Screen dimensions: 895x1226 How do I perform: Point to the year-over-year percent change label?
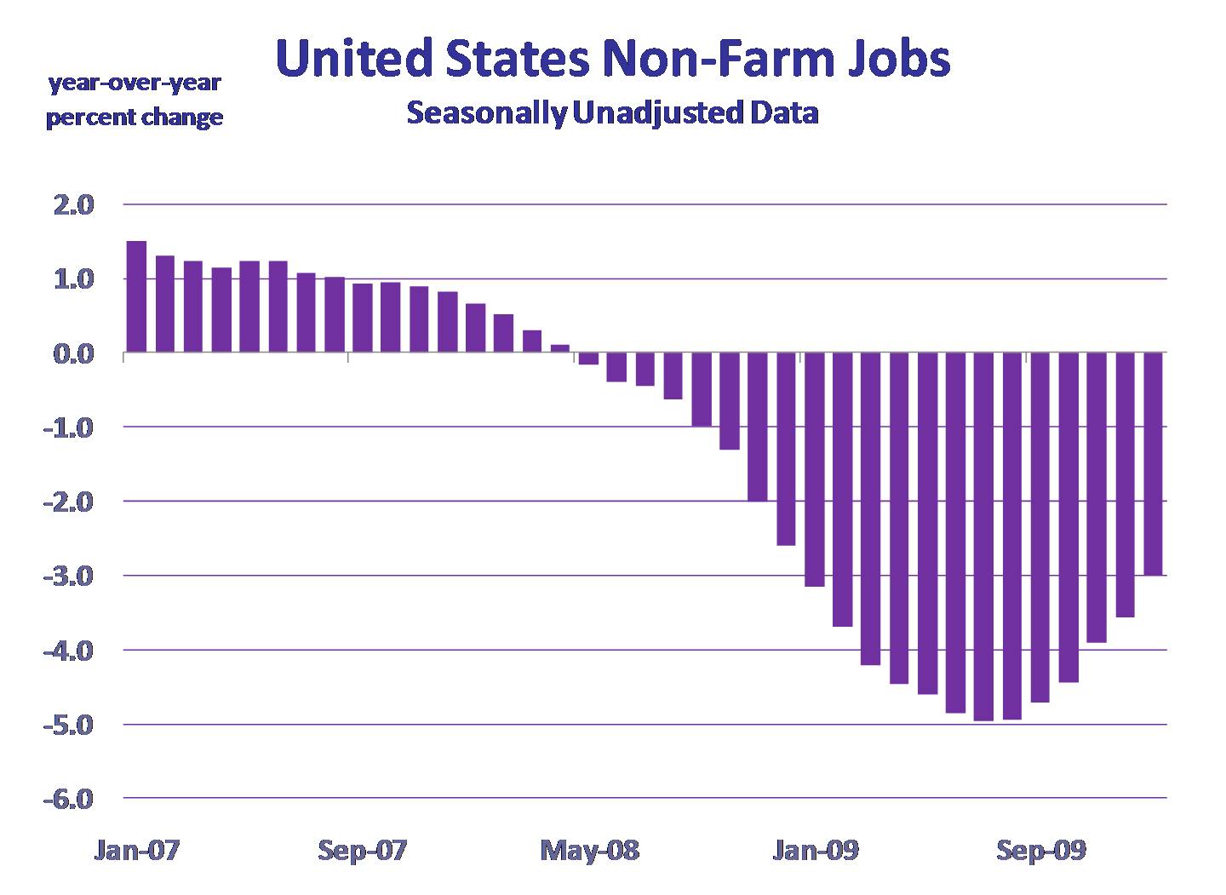click(x=135, y=100)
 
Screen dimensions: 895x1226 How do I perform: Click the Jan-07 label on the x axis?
click(x=136, y=850)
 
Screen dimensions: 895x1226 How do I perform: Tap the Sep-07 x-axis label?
click(x=363, y=850)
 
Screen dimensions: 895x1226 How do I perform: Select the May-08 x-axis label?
click(x=590, y=850)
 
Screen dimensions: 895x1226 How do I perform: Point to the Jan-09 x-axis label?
click(x=816, y=850)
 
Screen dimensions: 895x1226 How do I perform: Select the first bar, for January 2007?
click(x=136, y=296)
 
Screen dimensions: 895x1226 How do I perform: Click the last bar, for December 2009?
click(x=1154, y=464)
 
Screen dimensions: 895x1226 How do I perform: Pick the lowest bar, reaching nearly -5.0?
click(x=984, y=536)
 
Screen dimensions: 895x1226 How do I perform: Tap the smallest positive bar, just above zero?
click(x=559, y=348)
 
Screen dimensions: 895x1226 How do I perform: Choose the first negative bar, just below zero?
click(x=588, y=359)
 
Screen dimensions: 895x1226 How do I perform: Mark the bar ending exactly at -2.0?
click(x=758, y=427)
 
